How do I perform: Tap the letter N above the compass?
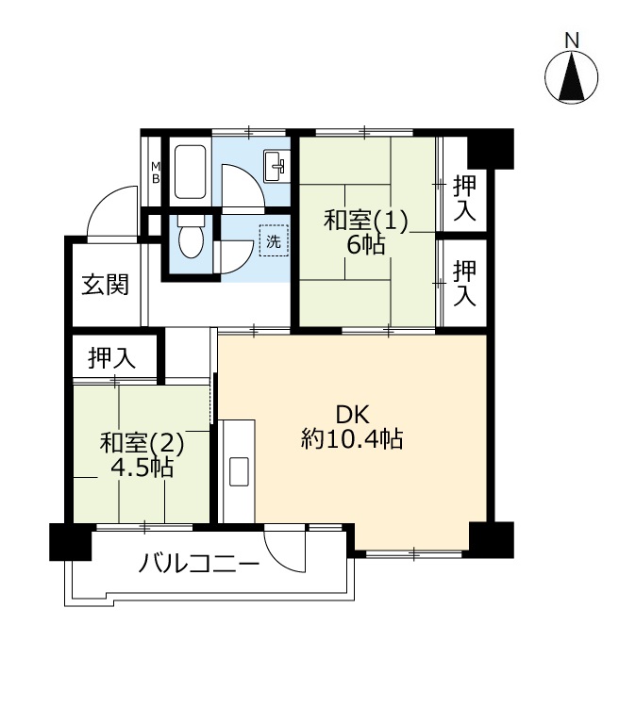pyautogui.click(x=572, y=41)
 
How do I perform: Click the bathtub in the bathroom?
pyautogui.click(x=190, y=172)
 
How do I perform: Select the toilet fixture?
pyautogui.click(x=191, y=237)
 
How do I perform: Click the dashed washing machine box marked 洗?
pyautogui.click(x=274, y=240)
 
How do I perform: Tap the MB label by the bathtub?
pyautogui.click(x=156, y=173)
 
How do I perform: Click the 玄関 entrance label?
pyautogui.click(x=105, y=285)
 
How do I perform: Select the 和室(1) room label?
pyautogui.click(x=366, y=221)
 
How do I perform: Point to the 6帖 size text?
pyautogui.click(x=366, y=245)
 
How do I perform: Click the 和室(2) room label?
pyautogui.click(x=142, y=443)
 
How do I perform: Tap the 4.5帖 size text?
pyautogui.click(x=142, y=468)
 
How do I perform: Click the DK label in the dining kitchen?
pyautogui.click(x=353, y=415)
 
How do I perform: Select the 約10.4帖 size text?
pyautogui.click(x=352, y=438)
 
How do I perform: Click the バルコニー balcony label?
pyautogui.click(x=199, y=564)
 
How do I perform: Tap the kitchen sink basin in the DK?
pyautogui.click(x=239, y=471)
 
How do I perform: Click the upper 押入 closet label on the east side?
pyautogui.click(x=464, y=198)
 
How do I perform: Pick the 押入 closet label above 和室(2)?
pyautogui.click(x=112, y=358)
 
